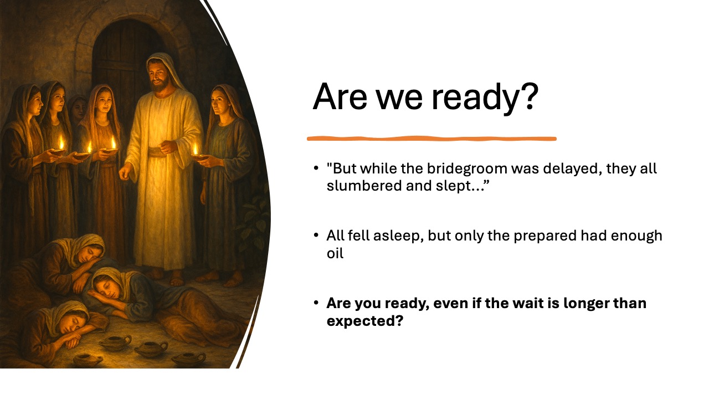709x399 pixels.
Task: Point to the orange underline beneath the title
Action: (x=431, y=138)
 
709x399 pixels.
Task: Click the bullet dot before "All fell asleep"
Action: (x=316, y=235)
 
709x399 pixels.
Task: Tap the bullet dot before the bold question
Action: (x=316, y=303)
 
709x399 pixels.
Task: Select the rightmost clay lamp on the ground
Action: (x=188, y=357)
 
